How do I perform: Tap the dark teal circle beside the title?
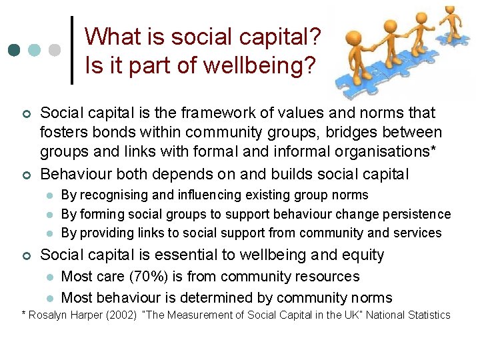[14, 51]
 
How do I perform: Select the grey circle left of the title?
[55, 51]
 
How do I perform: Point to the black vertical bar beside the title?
[72, 50]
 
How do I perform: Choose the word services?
[417, 233]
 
